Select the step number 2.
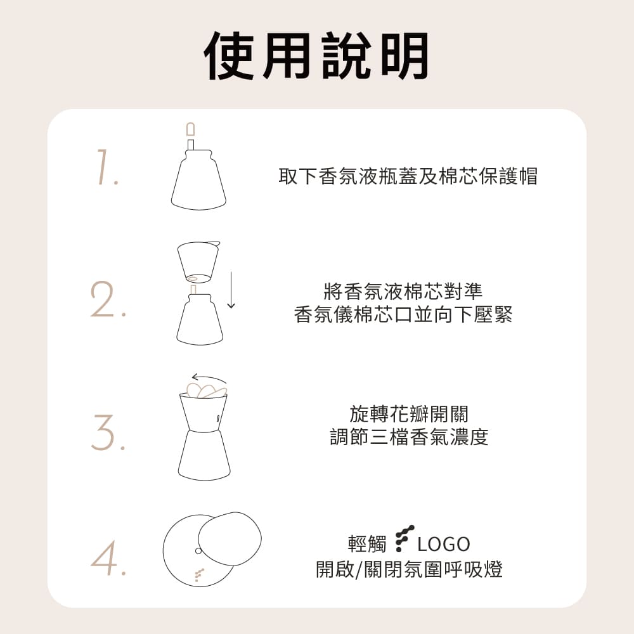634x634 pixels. tap(108, 301)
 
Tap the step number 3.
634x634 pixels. tap(108, 432)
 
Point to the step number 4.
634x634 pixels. tap(108, 558)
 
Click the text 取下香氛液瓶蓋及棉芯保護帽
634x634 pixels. tap(408, 176)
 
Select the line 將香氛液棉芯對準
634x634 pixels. tap(403, 292)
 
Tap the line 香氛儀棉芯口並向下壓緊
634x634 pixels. tap(403, 314)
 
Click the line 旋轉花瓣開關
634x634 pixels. tap(409, 415)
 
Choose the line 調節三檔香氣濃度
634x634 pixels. tap(409, 437)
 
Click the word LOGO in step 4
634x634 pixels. tap(444, 544)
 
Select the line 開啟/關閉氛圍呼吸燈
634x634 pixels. tap(409, 569)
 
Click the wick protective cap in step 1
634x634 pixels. tap(191, 130)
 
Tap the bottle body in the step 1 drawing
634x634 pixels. tap(198, 184)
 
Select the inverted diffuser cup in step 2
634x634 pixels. tap(197, 260)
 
